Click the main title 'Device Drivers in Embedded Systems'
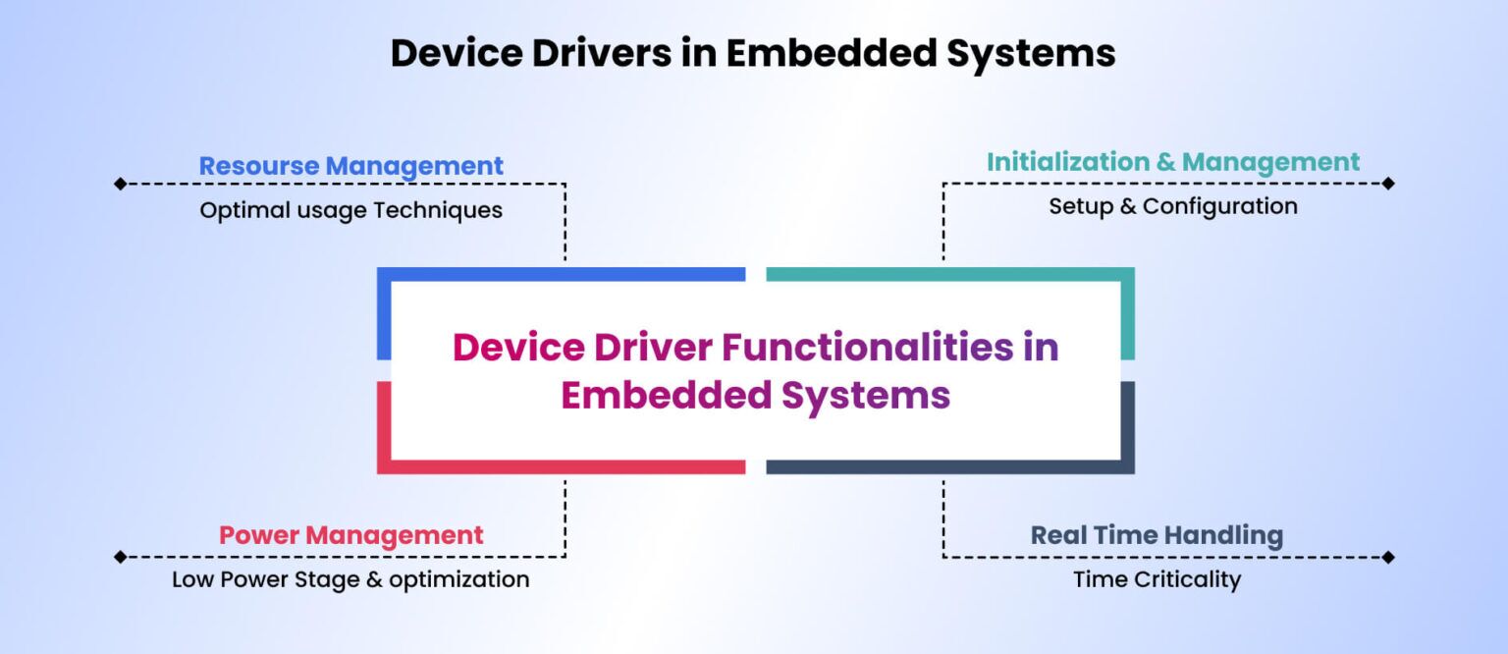tap(753, 53)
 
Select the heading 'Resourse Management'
tap(350, 166)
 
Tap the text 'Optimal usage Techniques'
tap(350, 210)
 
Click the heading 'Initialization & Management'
tap(1173, 162)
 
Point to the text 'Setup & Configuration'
tap(1173, 206)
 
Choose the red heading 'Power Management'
tap(350, 535)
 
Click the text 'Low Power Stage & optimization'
tap(350, 579)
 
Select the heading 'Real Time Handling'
tap(1157, 535)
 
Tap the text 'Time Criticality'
tap(1157, 579)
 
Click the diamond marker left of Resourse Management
tap(120, 184)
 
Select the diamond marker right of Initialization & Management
tap(1388, 184)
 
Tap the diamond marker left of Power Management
tap(120, 557)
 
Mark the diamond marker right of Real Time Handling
tap(1388, 557)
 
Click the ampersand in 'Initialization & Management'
tap(1165, 162)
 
